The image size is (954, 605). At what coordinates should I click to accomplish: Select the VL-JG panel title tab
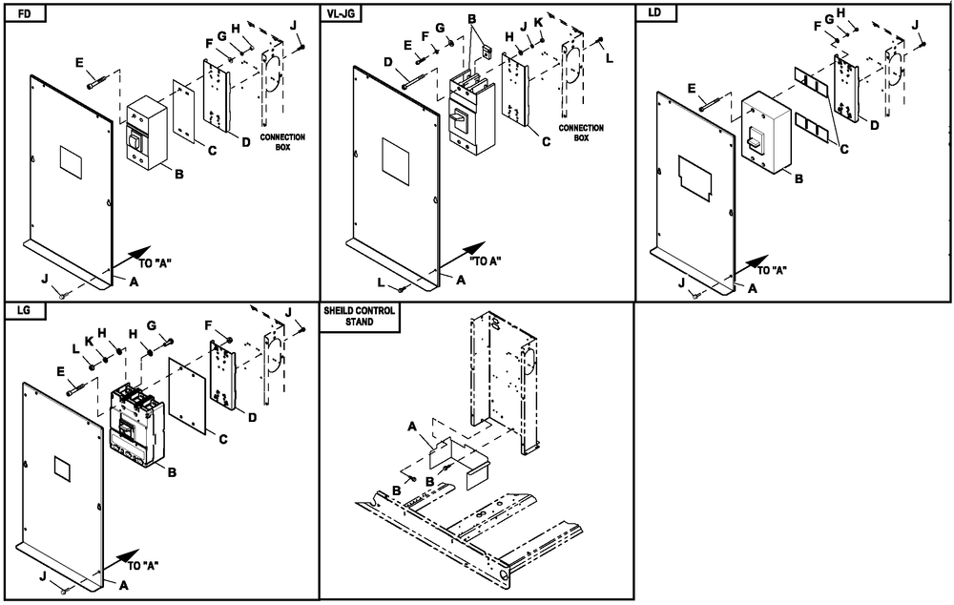tap(343, 12)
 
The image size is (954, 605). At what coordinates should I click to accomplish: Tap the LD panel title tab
tap(655, 12)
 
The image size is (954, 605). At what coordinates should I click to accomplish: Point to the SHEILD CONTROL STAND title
tap(359, 317)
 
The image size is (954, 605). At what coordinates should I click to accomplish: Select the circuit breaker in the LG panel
tap(137, 425)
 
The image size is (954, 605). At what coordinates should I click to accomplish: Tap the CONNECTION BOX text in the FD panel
tap(282, 142)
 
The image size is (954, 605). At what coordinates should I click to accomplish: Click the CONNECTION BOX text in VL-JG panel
tap(581, 133)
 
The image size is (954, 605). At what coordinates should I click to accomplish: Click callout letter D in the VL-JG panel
tap(388, 63)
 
